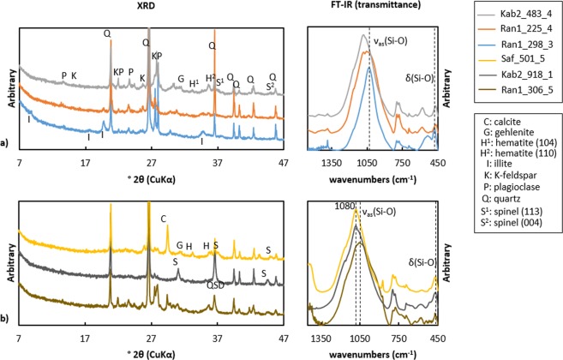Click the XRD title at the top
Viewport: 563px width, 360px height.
pyautogui.click(x=149, y=7)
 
